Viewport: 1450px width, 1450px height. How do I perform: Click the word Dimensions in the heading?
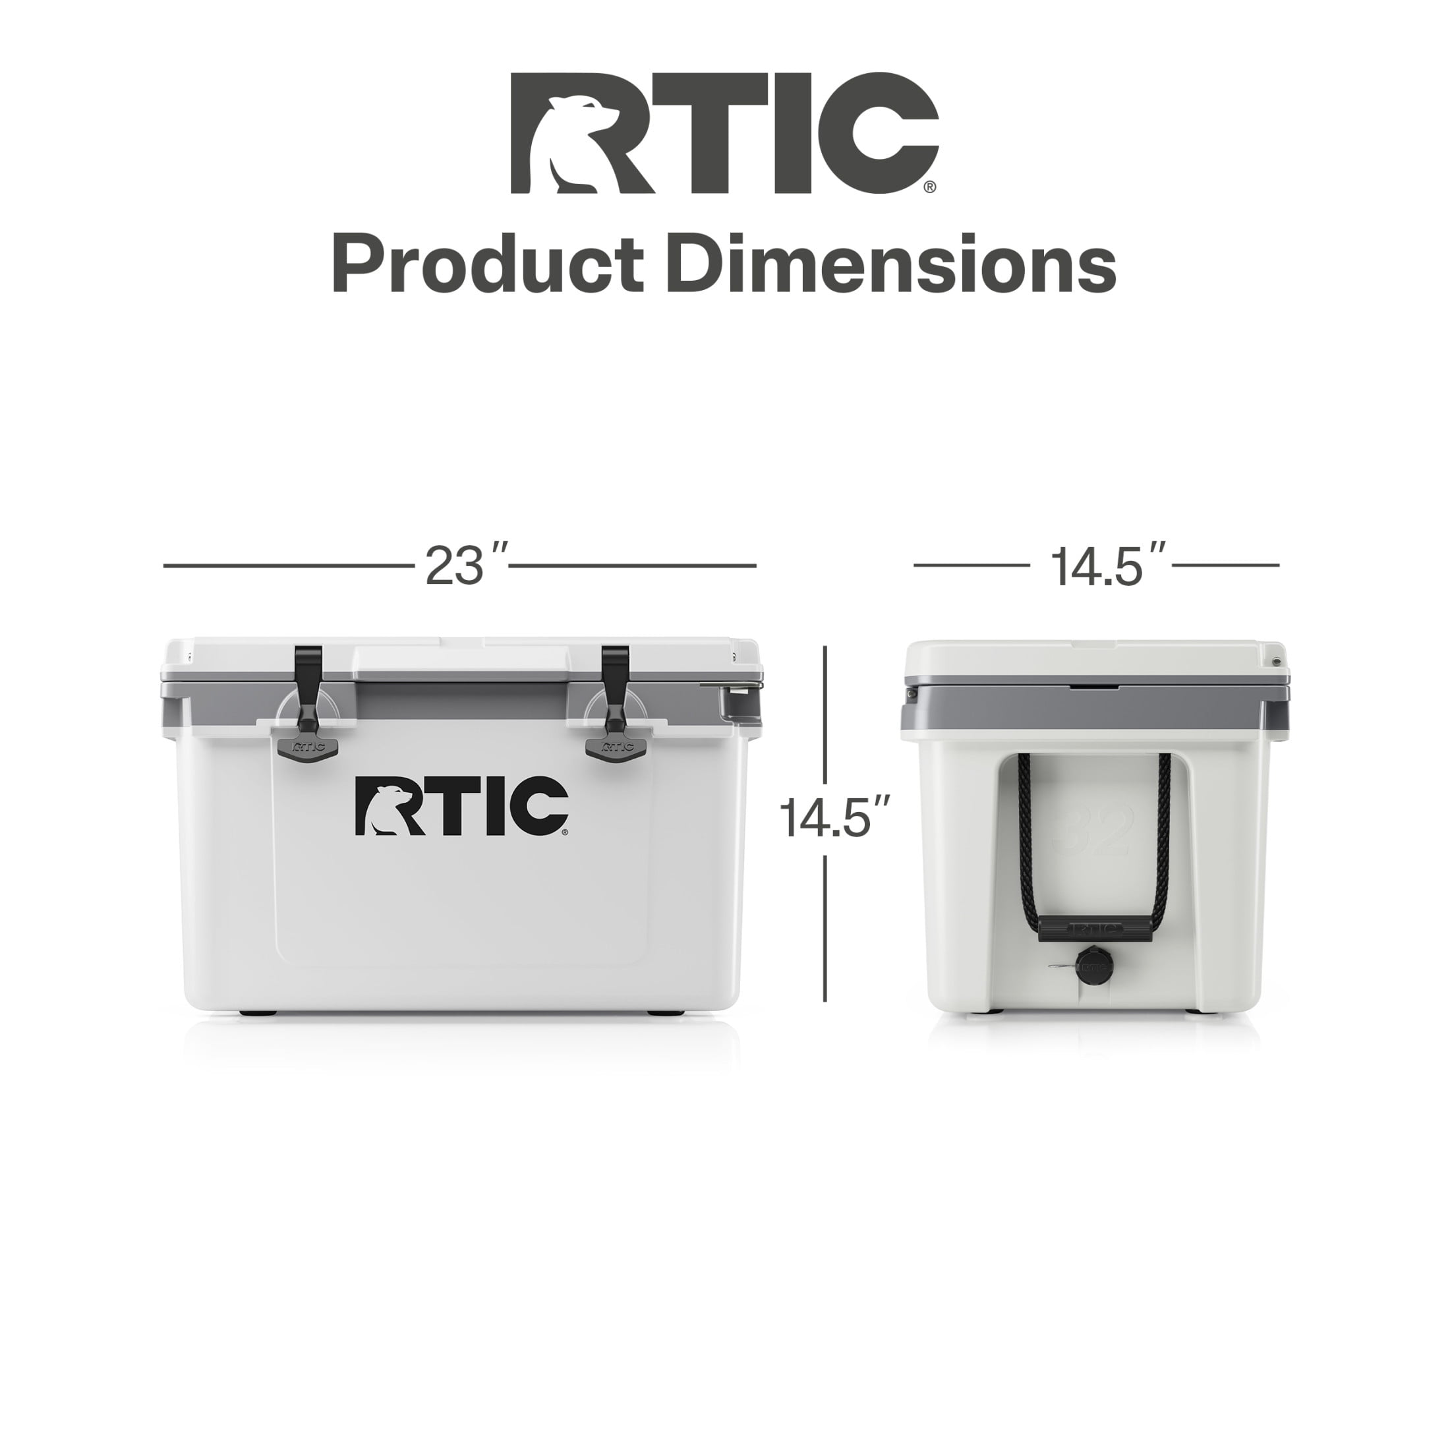coord(892,264)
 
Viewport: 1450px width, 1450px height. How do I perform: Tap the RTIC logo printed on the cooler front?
coord(461,806)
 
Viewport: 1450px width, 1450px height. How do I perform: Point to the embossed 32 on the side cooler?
coord(1093,830)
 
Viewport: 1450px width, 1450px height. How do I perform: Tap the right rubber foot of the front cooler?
coord(666,1013)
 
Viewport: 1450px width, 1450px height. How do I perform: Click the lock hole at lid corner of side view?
coord(1276,661)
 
